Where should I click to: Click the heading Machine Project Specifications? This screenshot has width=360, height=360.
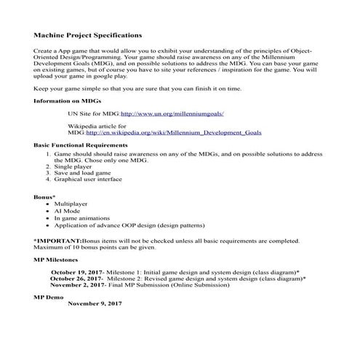[87, 34]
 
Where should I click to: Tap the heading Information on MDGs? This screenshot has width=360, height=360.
[68, 100]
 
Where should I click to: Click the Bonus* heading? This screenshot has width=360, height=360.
[47, 198]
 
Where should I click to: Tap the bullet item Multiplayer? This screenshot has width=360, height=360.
[71, 204]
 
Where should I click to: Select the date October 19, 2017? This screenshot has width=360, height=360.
[77, 271]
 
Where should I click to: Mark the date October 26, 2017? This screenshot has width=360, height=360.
[76, 278]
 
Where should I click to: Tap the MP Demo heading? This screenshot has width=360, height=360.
[49, 297]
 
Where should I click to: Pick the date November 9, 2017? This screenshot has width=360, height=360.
[95, 304]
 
